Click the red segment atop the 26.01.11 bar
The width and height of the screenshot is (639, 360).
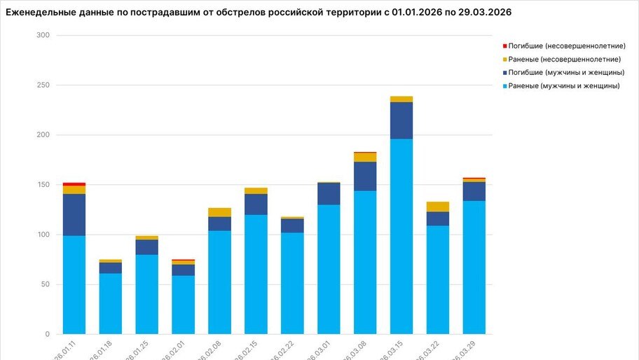[x=74, y=184]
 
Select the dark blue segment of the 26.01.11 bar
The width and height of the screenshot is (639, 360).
[x=74, y=214]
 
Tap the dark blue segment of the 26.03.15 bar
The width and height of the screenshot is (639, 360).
[x=401, y=120]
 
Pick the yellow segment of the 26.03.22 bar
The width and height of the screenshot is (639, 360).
[x=438, y=207]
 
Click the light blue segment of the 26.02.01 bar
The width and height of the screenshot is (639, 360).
[x=183, y=305]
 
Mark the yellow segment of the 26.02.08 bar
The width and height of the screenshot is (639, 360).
[x=219, y=212]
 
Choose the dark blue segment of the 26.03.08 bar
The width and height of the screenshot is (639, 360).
[x=365, y=176]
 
